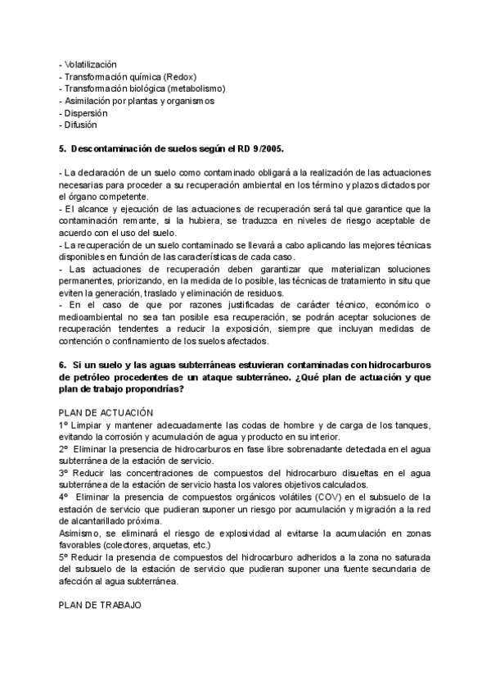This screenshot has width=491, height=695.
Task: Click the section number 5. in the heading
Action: coord(63,150)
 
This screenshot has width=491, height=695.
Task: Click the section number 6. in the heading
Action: coord(63,364)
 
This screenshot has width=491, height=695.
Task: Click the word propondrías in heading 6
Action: coord(153,388)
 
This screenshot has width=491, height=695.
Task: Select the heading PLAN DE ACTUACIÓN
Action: coord(106,413)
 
